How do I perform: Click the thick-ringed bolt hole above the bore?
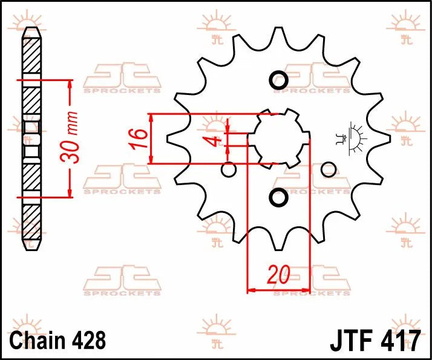coord(278,80)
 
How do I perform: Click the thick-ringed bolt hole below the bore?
coord(278,197)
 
